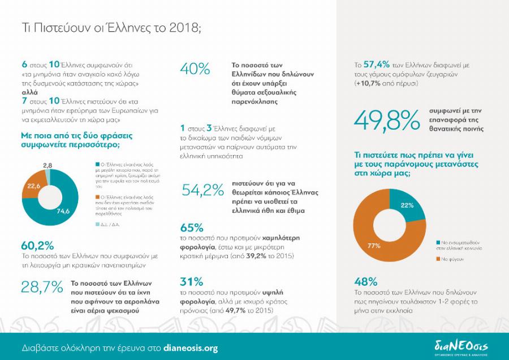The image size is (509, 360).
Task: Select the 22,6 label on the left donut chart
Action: click(x=33, y=185)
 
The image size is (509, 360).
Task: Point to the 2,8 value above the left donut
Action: click(x=48, y=164)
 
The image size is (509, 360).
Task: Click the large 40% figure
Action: click(x=195, y=69)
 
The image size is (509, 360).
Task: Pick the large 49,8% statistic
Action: click(x=387, y=119)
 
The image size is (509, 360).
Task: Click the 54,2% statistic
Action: click(x=202, y=191)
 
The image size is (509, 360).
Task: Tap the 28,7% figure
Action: click(x=42, y=287)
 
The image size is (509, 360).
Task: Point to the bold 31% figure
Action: click(x=191, y=281)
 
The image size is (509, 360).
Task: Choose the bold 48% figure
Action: click(x=365, y=281)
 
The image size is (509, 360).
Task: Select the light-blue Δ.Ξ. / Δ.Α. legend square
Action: click(x=93, y=224)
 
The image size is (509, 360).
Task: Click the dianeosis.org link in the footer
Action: click(x=190, y=348)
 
